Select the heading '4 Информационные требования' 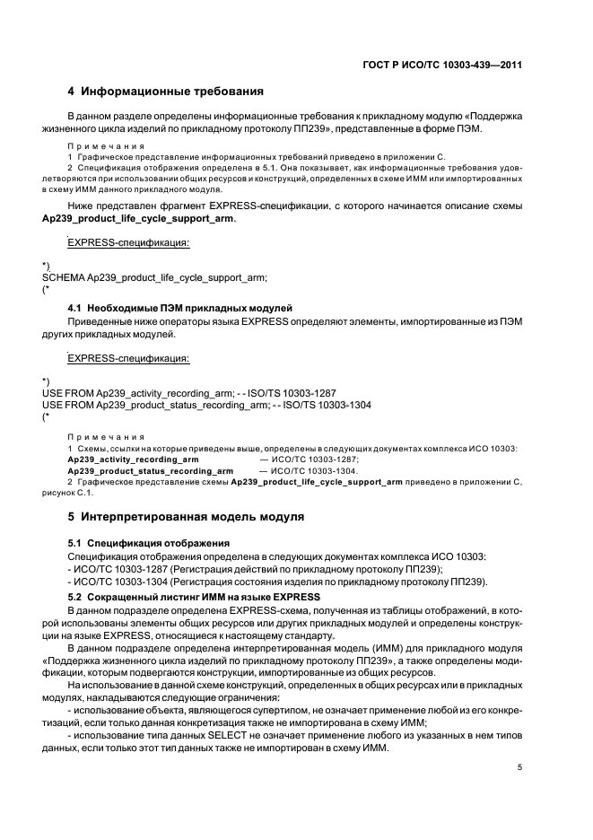pyautogui.click(x=166, y=92)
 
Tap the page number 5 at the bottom pyautogui.click(x=520, y=766)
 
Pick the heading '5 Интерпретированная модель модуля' pyautogui.click(x=187, y=517)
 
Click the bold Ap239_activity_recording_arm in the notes pyautogui.click(x=133, y=459)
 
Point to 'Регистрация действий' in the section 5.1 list pyautogui.click(x=221, y=570)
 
